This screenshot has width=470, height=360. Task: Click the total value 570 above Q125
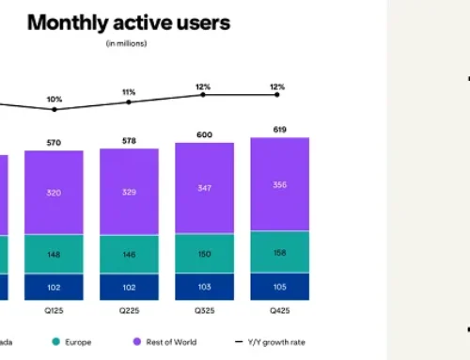coord(54,143)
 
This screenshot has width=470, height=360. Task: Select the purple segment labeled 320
coord(54,192)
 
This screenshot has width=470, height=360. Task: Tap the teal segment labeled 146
coord(129,254)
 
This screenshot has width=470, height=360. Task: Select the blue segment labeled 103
coord(204,287)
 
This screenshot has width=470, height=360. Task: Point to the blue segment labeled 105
coord(279,287)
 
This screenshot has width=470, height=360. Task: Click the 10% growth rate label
coord(54,99)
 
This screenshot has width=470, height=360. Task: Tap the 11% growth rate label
coord(129,91)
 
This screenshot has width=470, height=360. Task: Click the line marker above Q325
coord(204,94)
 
